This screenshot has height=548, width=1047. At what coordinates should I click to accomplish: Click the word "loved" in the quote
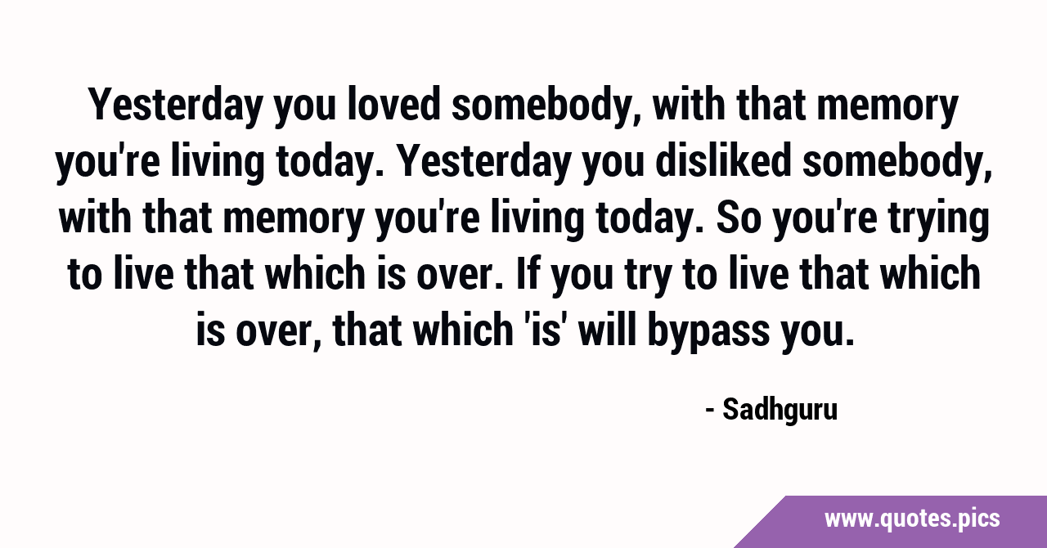coord(394,104)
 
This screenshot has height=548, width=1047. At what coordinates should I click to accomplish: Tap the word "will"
coord(608,329)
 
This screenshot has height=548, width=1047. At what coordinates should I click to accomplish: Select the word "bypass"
coord(708,332)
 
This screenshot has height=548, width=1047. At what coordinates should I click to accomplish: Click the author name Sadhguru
coord(780,410)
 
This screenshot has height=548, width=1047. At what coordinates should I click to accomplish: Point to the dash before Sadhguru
coord(710,411)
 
